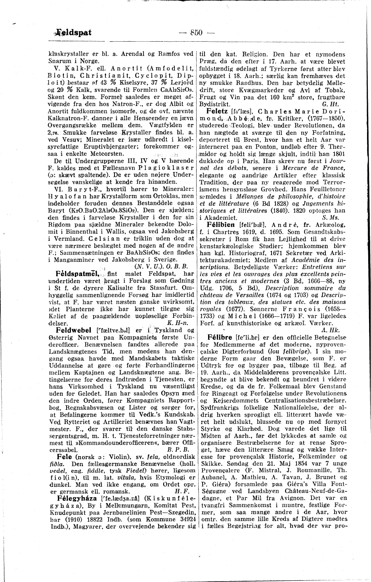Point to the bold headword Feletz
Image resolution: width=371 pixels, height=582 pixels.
point(214,112)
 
